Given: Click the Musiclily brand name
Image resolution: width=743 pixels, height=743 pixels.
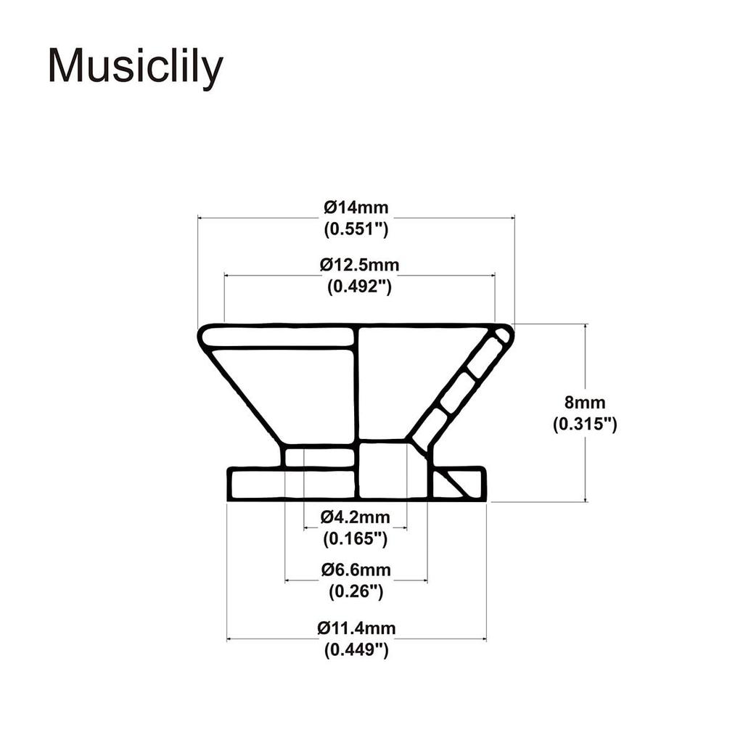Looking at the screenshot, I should pyautogui.click(x=135, y=67).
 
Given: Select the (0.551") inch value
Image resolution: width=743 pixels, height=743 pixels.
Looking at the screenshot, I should pyautogui.click(x=356, y=229).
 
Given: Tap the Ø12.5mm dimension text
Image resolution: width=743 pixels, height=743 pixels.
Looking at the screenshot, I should pyautogui.click(x=359, y=265).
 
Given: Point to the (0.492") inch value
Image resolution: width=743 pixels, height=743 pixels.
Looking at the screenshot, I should pyautogui.click(x=359, y=287).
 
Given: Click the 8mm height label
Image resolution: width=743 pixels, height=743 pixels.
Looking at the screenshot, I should pyautogui.click(x=585, y=403).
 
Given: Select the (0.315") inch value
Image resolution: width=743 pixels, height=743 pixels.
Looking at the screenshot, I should pyautogui.click(x=585, y=424).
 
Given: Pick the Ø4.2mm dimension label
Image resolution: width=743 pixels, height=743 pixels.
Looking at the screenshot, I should pyautogui.click(x=356, y=517).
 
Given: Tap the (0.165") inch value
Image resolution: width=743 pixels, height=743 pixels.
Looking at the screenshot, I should pyautogui.click(x=356, y=539).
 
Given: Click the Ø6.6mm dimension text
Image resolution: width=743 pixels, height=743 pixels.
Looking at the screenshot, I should pyautogui.click(x=356, y=570).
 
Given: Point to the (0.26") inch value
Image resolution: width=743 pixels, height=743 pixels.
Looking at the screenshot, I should pyautogui.click(x=356, y=592).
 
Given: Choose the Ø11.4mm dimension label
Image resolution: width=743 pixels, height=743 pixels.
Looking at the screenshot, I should pyautogui.click(x=356, y=628).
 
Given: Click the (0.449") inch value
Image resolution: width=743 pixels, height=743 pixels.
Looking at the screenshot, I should pyautogui.click(x=356, y=650).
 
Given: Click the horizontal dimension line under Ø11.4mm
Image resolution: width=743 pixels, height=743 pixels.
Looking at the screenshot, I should pyautogui.click(x=356, y=639).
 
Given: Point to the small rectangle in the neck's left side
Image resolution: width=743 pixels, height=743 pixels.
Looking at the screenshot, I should pyautogui.click(x=319, y=457).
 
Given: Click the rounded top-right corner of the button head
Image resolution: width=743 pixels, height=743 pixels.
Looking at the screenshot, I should pyautogui.click(x=504, y=334).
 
